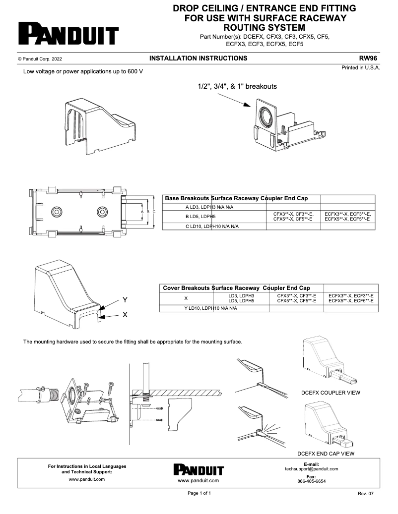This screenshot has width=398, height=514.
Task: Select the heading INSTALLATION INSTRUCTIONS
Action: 198,58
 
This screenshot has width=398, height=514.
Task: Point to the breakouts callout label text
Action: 237,86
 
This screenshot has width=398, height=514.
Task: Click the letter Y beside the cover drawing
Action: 125,300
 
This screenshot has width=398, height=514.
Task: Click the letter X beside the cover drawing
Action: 125,315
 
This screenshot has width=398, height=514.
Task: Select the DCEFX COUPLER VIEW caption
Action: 331,393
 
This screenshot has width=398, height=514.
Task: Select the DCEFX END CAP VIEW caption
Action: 326,453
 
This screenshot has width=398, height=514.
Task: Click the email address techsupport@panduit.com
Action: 311,468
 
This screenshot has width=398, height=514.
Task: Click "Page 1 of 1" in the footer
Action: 199,493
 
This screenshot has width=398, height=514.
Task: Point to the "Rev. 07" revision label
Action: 365,494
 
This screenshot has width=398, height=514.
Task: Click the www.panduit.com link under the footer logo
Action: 199,481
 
